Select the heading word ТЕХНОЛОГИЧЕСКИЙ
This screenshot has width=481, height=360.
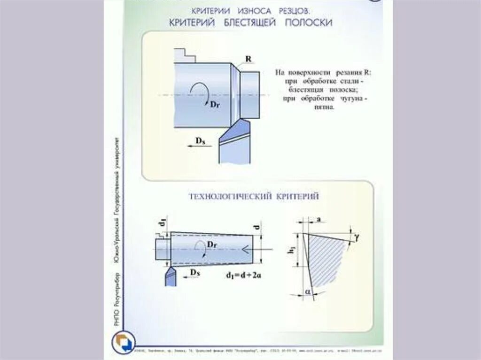(229, 196)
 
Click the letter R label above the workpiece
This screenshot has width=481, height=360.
(248, 59)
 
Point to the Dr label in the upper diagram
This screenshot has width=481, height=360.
(215, 104)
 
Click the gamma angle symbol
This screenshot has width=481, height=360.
(357, 238)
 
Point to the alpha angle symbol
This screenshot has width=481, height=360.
(308, 292)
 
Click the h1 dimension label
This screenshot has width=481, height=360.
(291, 251)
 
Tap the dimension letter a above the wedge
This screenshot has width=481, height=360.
(319, 219)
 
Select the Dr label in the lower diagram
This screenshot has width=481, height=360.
(212, 245)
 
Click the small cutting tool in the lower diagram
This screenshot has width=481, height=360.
(169, 275)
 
